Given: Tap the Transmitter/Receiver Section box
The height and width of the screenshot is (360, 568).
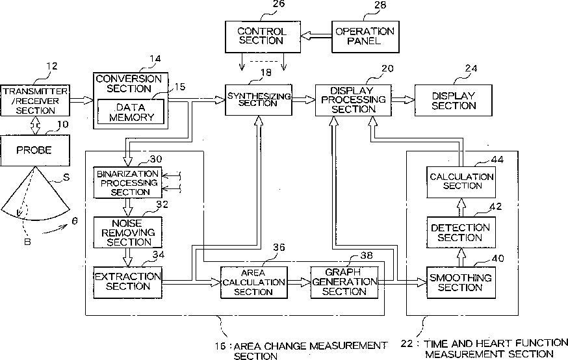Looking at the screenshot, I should pos(34,100).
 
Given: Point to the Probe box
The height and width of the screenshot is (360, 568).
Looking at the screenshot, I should pos(34,151).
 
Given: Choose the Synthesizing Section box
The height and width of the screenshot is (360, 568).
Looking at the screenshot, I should pos(258,100).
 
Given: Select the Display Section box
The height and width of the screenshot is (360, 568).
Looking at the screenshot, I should pos(454,100).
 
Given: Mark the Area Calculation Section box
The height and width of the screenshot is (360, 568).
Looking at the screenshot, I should pos(253,281).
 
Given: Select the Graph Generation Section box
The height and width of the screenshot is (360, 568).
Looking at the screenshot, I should pos(344,281).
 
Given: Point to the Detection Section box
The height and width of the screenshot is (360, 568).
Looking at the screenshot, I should pos(461,233).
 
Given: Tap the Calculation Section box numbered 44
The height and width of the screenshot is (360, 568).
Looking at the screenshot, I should pos(461,181).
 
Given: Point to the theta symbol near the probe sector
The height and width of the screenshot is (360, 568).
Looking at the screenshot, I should pos(75,220).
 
